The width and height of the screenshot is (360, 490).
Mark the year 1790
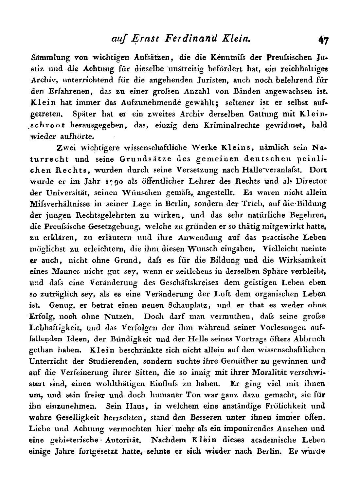pos(96,182)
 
